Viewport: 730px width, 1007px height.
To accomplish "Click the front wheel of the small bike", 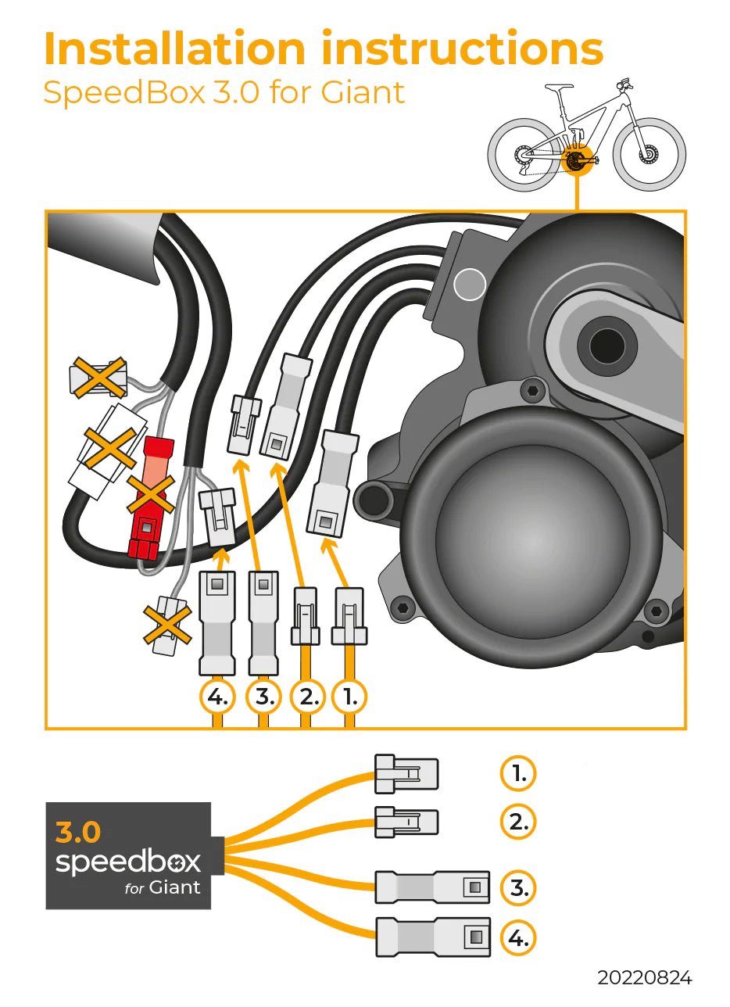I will pos(649,154).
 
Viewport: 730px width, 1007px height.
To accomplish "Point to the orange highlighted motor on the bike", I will pos(575,160).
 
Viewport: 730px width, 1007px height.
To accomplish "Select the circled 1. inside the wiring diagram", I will pos(349,696).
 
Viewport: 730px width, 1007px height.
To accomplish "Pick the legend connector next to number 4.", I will pos(434,937).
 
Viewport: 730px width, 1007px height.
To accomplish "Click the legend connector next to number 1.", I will pos(406,774).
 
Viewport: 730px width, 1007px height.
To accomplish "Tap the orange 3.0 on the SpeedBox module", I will pos(78,833).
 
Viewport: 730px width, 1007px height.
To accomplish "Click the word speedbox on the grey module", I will pos(128,862).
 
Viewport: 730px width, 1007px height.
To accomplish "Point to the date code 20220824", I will pos(644,978).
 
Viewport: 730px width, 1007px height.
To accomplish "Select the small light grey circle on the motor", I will pos(470,285).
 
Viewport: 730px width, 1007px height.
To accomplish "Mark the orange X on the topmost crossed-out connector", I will pos(98,378).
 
